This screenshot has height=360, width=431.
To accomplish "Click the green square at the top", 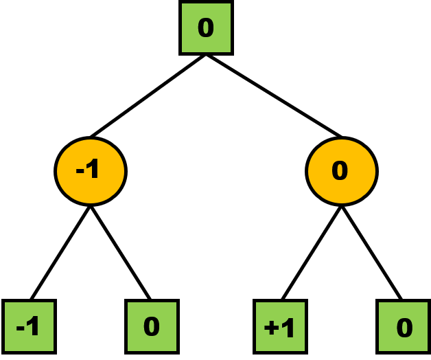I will point(206,27).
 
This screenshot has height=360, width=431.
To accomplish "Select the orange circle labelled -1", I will point(91,171).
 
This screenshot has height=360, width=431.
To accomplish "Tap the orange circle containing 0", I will point(342,171).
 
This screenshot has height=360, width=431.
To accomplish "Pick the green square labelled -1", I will point(29,326).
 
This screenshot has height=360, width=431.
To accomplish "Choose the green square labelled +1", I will point(280,326).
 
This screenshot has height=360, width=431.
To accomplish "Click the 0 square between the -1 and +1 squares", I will point(152,326).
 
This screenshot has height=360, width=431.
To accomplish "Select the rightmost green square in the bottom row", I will point(403,326).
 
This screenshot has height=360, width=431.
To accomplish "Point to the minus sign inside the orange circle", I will point(80,170).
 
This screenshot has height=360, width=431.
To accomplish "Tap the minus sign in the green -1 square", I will point(20,328).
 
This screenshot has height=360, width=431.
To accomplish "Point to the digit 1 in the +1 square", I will point(288,327).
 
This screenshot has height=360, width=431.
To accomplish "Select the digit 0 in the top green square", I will point(206,28).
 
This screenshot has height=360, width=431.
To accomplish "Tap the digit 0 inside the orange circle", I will point(340,170).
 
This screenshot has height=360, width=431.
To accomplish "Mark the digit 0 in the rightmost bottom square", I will point(404,328).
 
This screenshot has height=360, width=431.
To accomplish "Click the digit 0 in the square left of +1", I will point(152,326).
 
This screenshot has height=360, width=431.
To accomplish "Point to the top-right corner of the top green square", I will point(230,4).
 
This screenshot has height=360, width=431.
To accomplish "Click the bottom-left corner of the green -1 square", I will point(5,350).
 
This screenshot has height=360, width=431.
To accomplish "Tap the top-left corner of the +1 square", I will point(257,303).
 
